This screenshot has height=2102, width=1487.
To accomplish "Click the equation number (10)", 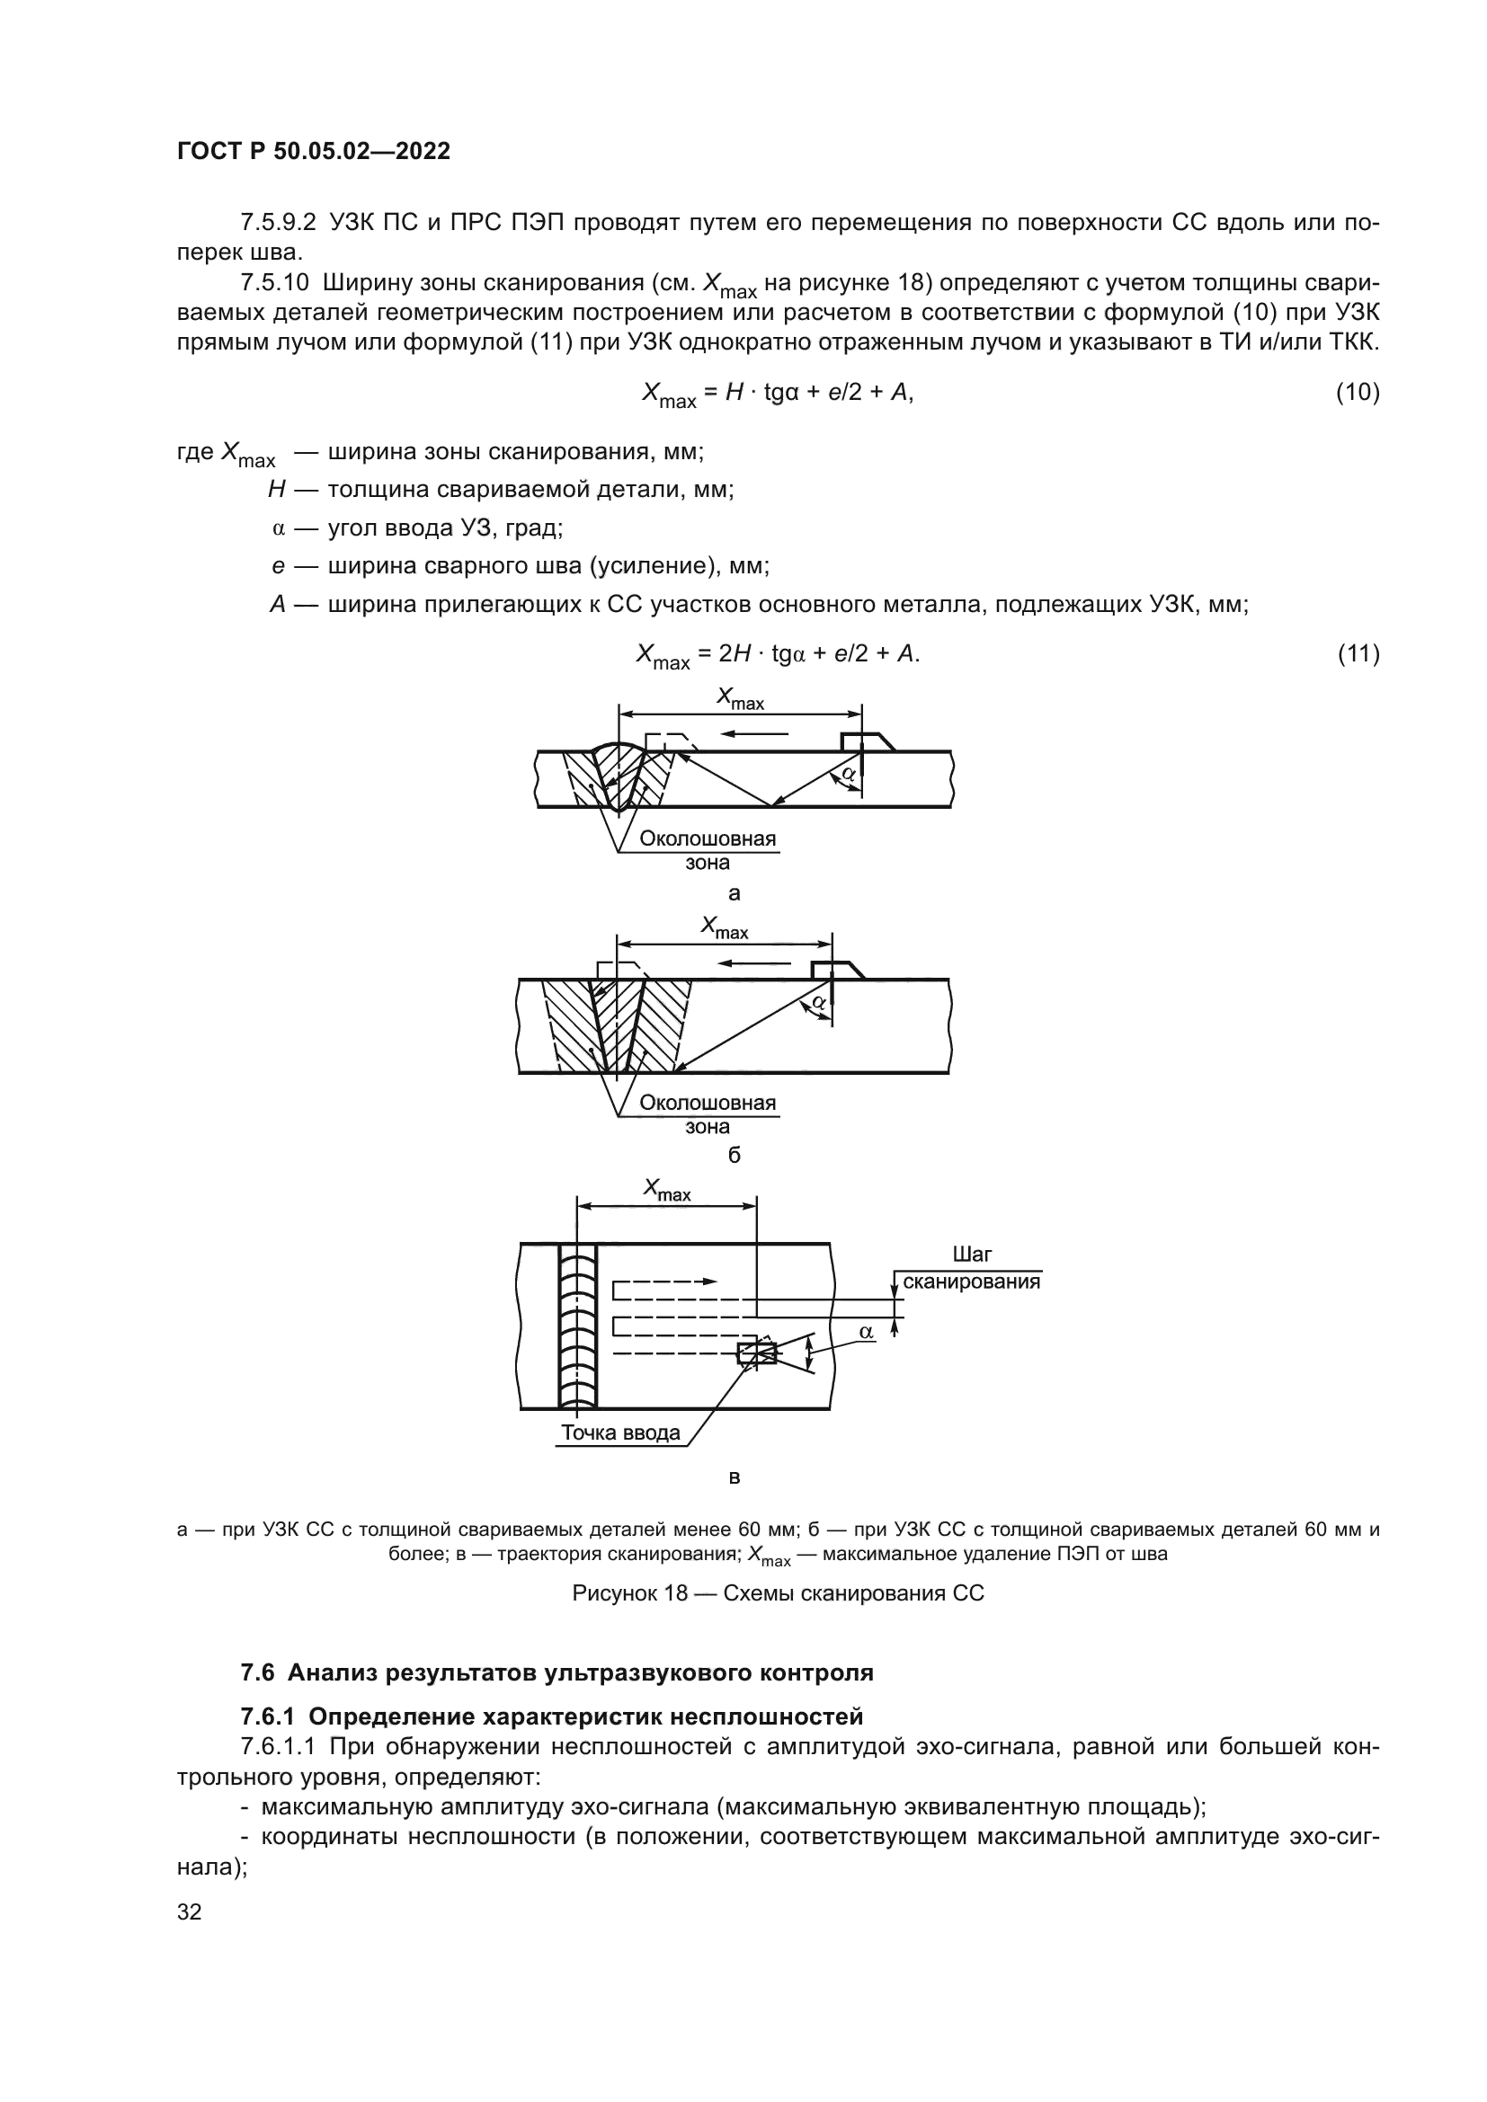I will tap(1357, 392).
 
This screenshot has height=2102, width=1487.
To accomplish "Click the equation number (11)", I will tap(1357, 653).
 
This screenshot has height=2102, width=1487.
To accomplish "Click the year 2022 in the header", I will tap(423, 151).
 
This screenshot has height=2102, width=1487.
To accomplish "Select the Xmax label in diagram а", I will tap(740, 699).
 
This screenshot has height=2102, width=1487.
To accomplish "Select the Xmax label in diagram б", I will tap(725, 928).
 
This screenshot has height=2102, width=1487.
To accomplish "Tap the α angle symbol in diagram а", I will tap(849, 774).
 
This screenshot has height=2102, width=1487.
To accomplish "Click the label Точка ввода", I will tap(620, 1432).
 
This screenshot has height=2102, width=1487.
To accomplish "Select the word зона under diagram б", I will tap(707, 1127).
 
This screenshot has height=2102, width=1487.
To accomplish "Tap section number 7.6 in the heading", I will tap(257, 1672).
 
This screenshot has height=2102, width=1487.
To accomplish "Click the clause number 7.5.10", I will tap(275, 283).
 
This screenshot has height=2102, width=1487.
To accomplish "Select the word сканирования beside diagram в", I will tap(972, 1282).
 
